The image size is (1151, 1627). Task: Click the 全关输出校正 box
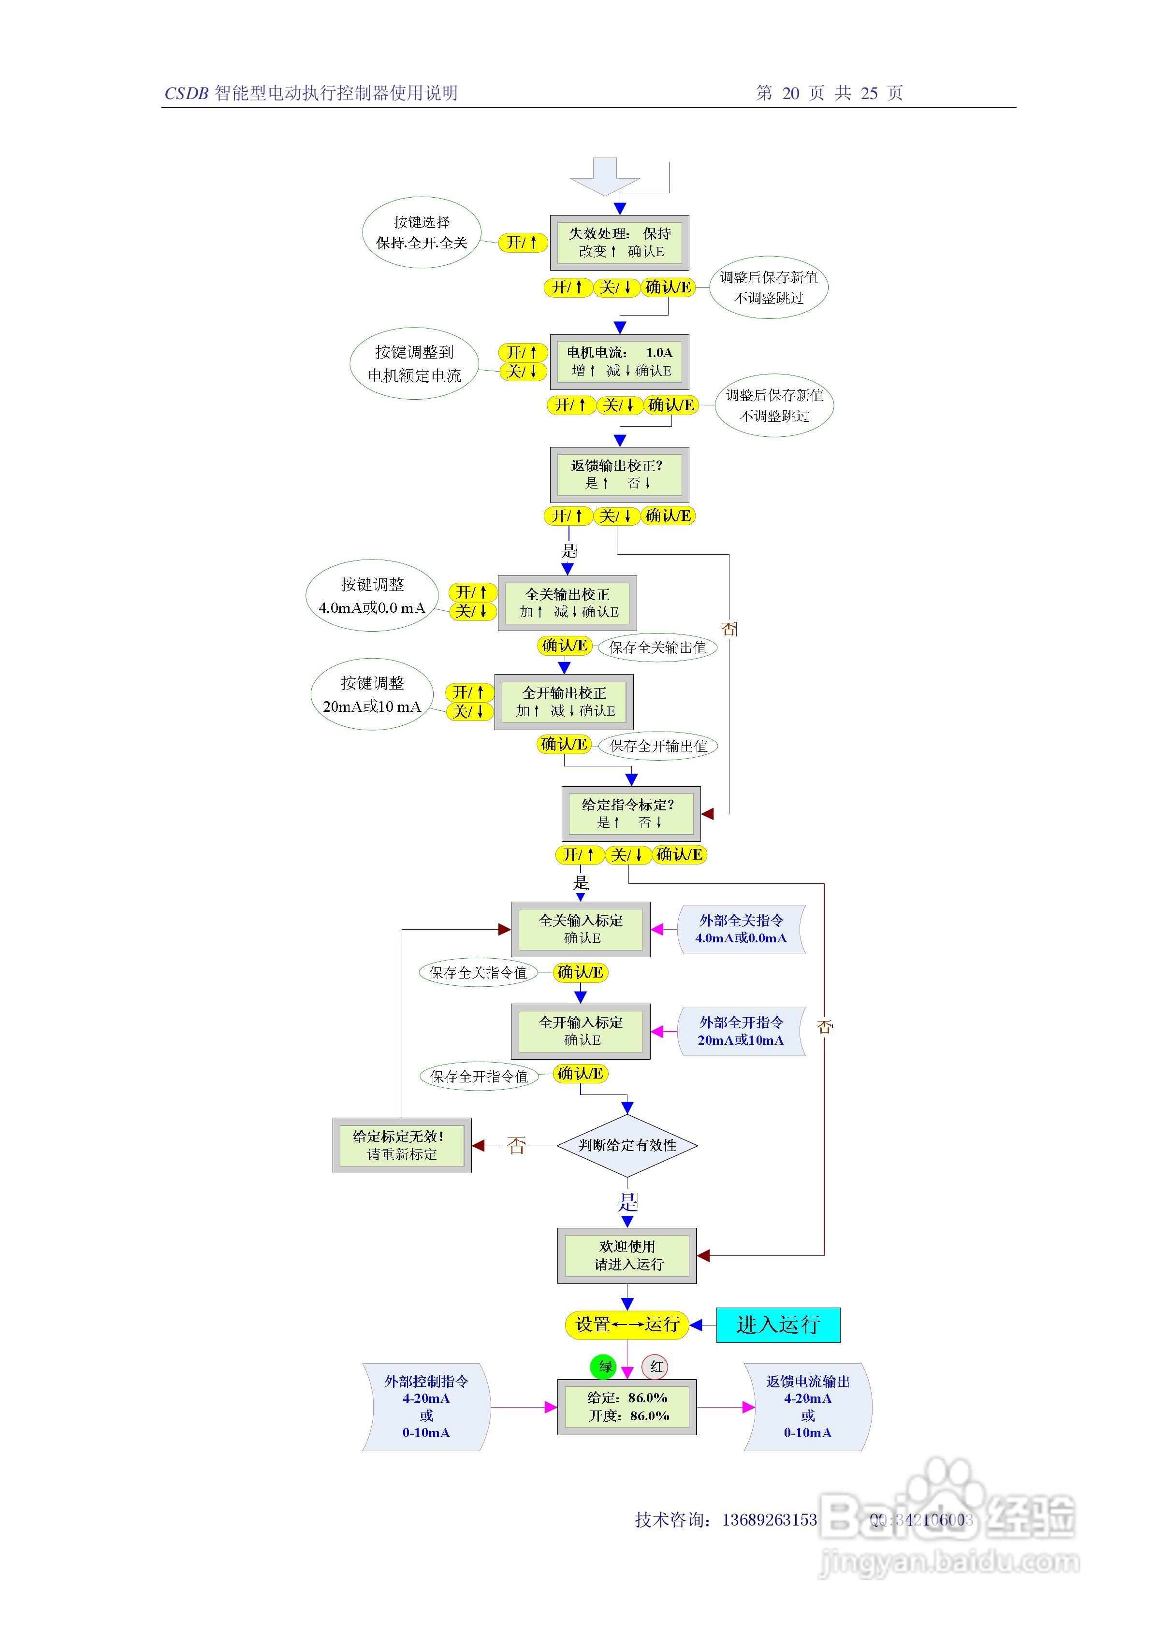567,603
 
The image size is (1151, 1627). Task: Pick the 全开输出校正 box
564,702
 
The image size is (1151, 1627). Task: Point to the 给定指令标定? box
631,814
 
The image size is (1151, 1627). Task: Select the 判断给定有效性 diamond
627,1145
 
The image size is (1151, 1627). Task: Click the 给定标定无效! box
402,1145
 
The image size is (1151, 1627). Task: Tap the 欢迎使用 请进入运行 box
627,1256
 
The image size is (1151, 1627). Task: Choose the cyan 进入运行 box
778,1325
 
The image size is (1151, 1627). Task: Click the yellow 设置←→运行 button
627,1325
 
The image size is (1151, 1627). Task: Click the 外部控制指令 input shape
426,1407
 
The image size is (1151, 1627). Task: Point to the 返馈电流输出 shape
808,1407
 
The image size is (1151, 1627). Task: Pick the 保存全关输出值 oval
658,647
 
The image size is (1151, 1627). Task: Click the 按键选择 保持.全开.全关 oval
422,232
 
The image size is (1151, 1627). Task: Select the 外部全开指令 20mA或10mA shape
741,1031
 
